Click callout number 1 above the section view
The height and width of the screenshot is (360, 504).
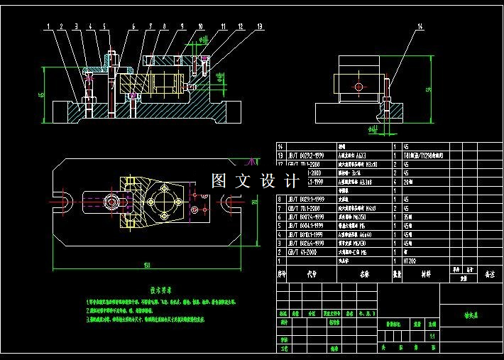tap(49, 26)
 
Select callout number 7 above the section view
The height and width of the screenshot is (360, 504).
tap(150, 26)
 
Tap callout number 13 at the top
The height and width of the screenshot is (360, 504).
tap(259, 26)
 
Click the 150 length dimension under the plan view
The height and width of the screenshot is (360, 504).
tap(147, 266)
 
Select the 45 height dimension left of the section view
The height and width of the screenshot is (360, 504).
tap(41, 94)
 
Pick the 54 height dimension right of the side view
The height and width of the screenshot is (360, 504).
tap(428, 89)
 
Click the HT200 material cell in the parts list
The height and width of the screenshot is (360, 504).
tap(411, 261)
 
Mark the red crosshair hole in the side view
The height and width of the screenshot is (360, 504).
tap(359, 87)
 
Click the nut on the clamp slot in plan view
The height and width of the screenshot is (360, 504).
tap(113, 202)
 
